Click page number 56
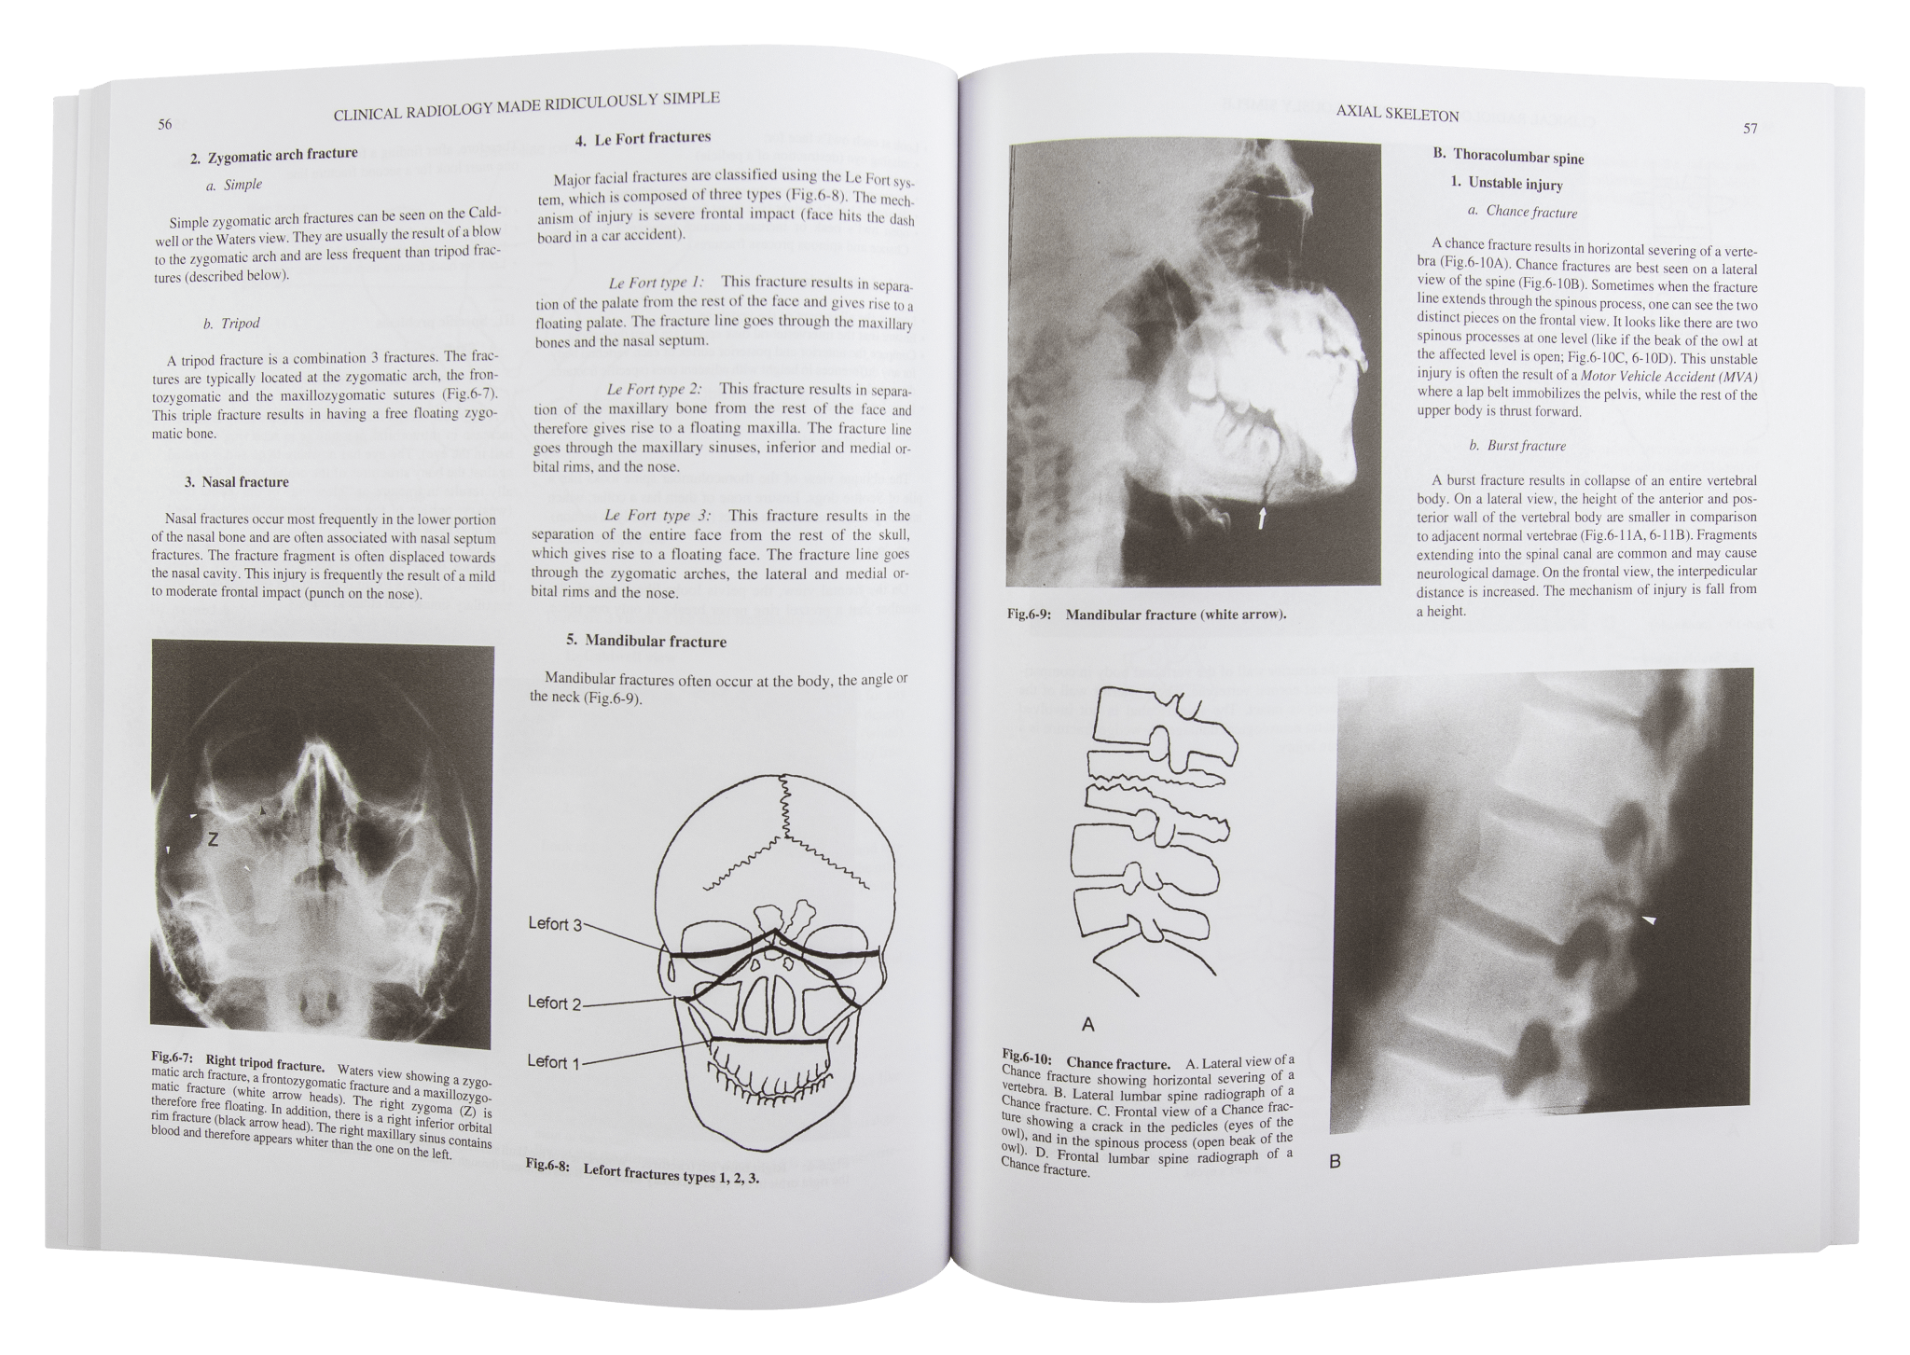click(164, 124)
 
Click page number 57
click(1750, 129)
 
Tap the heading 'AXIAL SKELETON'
click(1396, 115)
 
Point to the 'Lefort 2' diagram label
click(553, 1003)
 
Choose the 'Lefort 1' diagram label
click(553, 1062)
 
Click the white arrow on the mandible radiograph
click(1261, 518)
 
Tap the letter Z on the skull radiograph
click(213, 840)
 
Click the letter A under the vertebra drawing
click(1087, 1025)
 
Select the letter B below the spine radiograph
click(1335, 1162)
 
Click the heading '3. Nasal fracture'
click(237, 482)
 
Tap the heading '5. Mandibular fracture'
click(645, 642)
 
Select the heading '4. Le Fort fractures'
click(643, 139)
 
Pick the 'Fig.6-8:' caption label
click(547, 1166)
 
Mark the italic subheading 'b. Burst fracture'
click(1516, 446)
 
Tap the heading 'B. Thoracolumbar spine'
click(1508, 157)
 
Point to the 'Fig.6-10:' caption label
click(1027, 1060)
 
